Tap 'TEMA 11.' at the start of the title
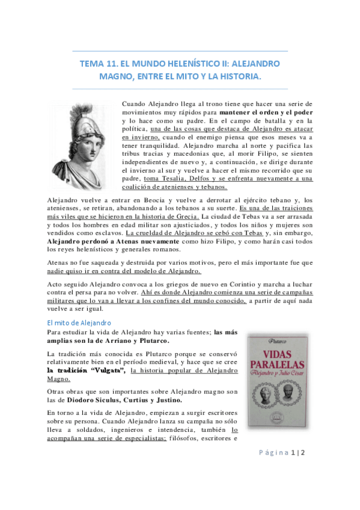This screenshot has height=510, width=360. [97, 63]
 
